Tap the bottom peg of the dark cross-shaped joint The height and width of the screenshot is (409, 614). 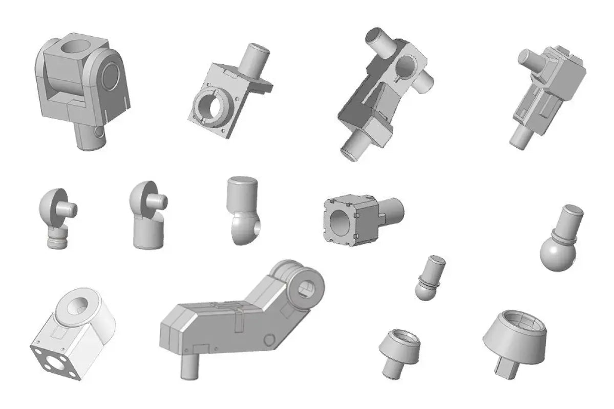355,147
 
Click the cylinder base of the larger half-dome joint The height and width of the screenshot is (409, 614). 148,235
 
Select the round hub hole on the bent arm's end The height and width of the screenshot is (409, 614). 308,288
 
